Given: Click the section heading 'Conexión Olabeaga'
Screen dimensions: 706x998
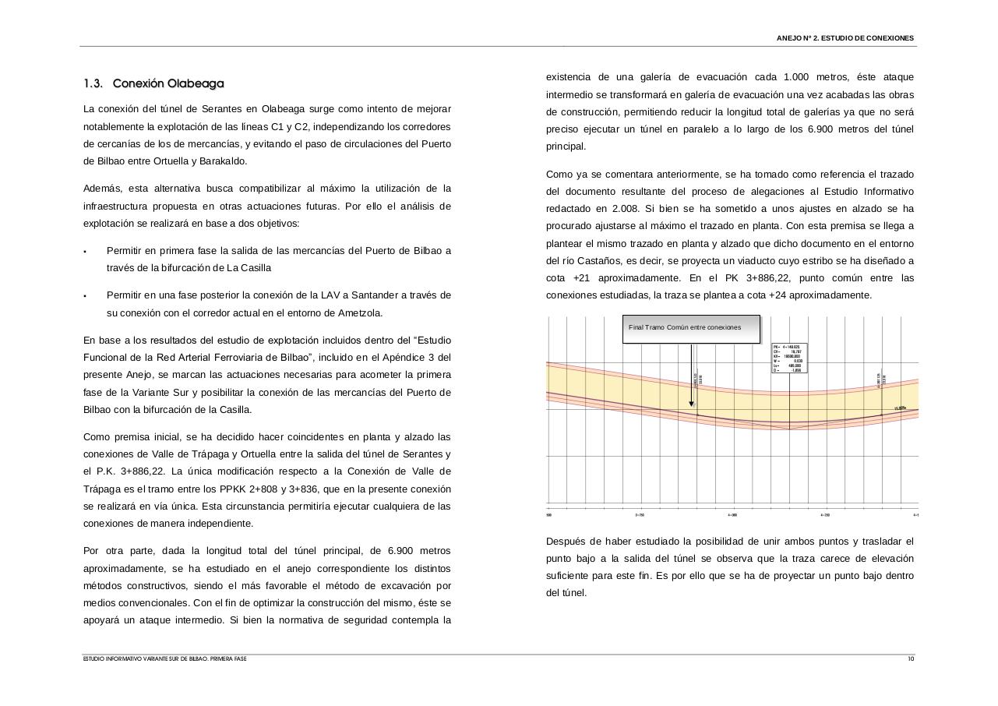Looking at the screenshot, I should [x=168, y=83].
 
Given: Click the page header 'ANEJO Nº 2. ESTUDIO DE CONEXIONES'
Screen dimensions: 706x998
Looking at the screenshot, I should [x=845, y=38].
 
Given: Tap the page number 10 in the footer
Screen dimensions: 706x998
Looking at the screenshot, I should [x=911, y=659].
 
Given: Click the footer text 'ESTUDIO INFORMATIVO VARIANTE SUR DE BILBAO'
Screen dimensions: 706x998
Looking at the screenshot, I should [x=164, y=659].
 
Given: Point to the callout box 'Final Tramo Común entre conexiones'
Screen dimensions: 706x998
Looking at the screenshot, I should [x=691, y=328].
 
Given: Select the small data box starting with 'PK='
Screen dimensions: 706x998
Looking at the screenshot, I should [x=789, y=358].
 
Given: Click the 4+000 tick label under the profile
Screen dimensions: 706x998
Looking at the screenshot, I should [x=732, y=515].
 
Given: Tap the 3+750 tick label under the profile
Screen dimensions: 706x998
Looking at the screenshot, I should [x=640, y=515].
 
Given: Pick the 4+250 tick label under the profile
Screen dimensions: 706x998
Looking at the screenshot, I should [x=825, y=515].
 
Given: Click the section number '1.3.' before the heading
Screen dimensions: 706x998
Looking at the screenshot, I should [x=93, y=83].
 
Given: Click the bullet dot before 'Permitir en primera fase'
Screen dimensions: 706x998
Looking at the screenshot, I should [x=85, y=252].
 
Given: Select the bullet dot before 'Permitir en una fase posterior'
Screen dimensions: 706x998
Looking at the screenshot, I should [x=85, y=296].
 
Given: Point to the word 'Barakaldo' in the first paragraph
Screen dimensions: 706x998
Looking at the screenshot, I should [x=224, y=161].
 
